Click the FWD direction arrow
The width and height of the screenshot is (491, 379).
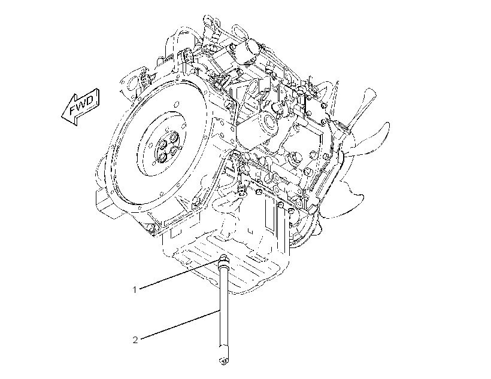pos(80,106)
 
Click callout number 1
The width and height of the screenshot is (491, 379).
pos(135,290)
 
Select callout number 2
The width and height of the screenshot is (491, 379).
pos(135,340)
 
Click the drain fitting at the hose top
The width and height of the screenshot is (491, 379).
pos(222,260)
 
